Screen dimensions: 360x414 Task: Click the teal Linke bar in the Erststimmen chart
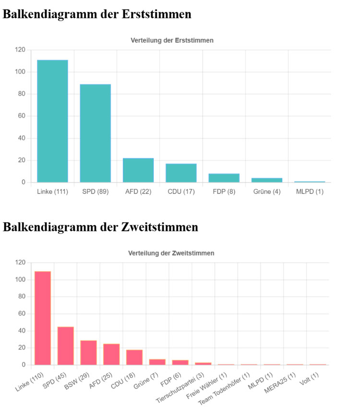(52, 121)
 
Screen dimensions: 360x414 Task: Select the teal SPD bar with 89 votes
(95, 134)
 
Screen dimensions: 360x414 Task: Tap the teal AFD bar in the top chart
(138, 170)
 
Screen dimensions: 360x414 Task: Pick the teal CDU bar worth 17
(181, 173)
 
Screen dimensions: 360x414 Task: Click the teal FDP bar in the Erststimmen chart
(224, 178)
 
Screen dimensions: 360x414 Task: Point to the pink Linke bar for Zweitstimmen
(43, 318)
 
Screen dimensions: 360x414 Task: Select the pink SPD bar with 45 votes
(66, 346)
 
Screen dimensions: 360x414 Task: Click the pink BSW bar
(89, 353)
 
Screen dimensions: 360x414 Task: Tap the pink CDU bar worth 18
(134, 357)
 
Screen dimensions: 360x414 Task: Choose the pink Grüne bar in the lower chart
(157, 362)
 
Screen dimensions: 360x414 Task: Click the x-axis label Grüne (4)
(267, 192)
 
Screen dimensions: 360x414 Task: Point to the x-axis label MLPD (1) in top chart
(310, 192)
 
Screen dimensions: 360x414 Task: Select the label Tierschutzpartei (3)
(180, 388)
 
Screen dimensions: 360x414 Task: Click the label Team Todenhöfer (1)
(224, 389)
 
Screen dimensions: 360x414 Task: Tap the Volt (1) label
(309, 378)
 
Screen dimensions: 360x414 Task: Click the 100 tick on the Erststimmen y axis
(20, 72)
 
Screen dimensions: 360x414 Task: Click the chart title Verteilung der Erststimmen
(172, 40)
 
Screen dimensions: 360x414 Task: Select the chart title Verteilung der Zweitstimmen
(171, 253)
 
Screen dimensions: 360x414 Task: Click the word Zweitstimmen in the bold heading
(159, 227)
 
